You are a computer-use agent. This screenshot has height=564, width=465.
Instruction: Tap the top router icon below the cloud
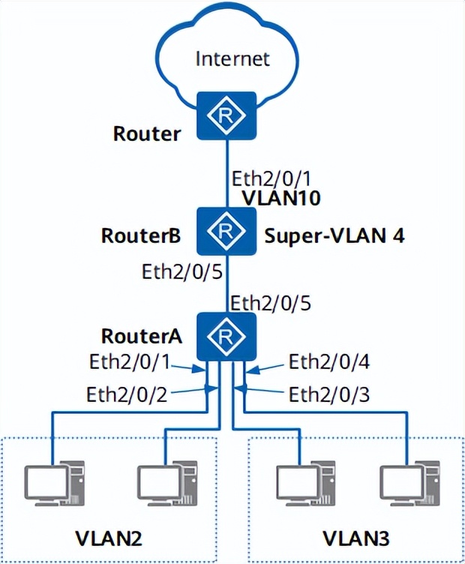pyautogui.click(x=226, y=115)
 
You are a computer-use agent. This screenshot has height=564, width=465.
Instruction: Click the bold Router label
pyautogui.click(x=147, y=134)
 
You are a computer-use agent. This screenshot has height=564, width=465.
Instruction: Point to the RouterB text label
pyautogui.click(x=140, y=237)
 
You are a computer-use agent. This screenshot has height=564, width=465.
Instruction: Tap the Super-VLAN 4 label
pyautogui.click(x=334, y=237)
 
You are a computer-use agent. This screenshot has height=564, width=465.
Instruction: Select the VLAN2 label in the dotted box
pyautogui.click(x=109, y=538)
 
